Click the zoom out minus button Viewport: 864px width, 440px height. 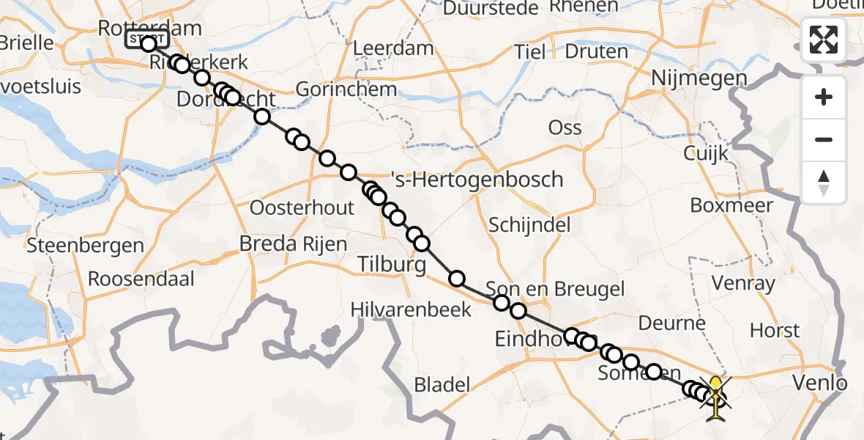[824, 139]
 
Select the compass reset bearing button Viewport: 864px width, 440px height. [824, 183]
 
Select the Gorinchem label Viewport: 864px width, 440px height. [346, 90]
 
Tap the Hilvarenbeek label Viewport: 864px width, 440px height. [422, 309]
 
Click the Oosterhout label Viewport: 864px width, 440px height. [302, 208]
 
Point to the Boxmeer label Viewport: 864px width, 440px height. [731, 205]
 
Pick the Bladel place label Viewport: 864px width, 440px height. [442, 384]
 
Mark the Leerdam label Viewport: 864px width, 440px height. [393, 48]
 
